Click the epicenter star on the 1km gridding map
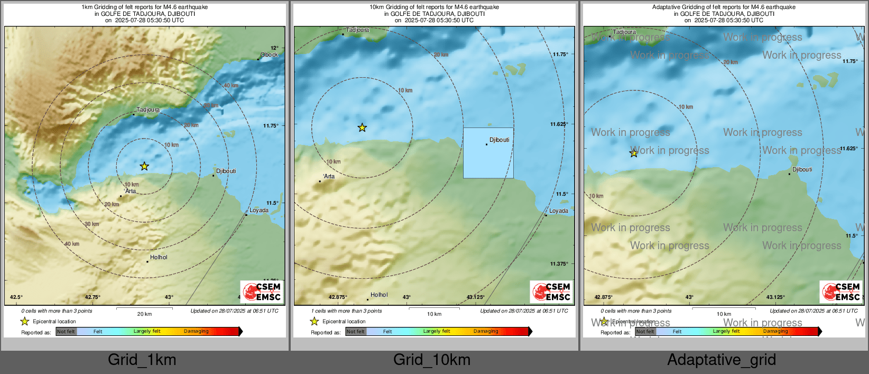click(144, 167)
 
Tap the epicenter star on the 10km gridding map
click(362, 127)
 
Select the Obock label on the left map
click(269, 55)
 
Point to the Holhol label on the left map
click(159, 258)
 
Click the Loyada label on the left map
click(259, 211)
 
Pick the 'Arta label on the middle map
click(329, 177)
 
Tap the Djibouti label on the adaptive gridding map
click(802, 170)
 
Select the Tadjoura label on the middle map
click(358, 30)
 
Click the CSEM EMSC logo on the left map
click(262, 291)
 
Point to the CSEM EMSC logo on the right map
click(841, 291)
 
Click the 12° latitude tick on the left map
click(274, 48)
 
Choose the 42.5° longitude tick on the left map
click(16, 297)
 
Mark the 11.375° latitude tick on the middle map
click(559, 264)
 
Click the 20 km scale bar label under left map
click(144, 314)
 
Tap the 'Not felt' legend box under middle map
click(356, 332)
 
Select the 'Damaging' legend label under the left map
click(196, 332)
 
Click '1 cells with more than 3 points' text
click(343, 311)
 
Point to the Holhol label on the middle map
click(379, 295)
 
